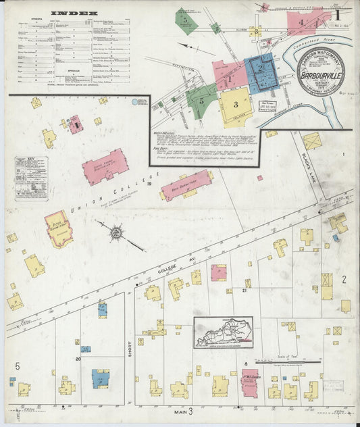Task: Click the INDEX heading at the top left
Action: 75,13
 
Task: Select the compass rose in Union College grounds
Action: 116,232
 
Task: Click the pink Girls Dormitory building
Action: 59,228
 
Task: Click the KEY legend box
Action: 31,178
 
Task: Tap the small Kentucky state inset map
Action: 224,332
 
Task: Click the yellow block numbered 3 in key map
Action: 235,105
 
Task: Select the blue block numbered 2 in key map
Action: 260,71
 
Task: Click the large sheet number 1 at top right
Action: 336,14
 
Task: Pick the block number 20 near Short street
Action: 78,359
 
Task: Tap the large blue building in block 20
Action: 101,378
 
